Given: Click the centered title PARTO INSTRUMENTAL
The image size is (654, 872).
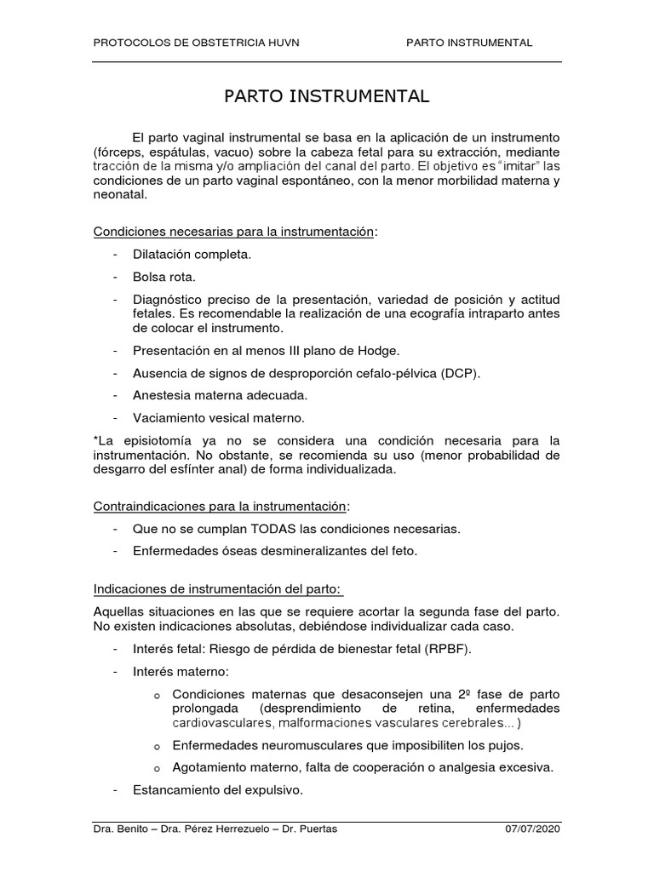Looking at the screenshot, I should coord(327,96).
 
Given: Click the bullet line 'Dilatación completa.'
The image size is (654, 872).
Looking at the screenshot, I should coord(192,254).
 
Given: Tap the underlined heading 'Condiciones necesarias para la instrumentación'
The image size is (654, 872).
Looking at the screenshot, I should coord(233,231).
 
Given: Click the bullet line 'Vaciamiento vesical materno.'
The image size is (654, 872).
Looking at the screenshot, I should coord(218,418).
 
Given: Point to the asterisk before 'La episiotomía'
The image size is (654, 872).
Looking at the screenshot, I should coord(95,440).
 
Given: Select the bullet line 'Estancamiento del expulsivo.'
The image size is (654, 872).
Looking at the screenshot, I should coord(218,789).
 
